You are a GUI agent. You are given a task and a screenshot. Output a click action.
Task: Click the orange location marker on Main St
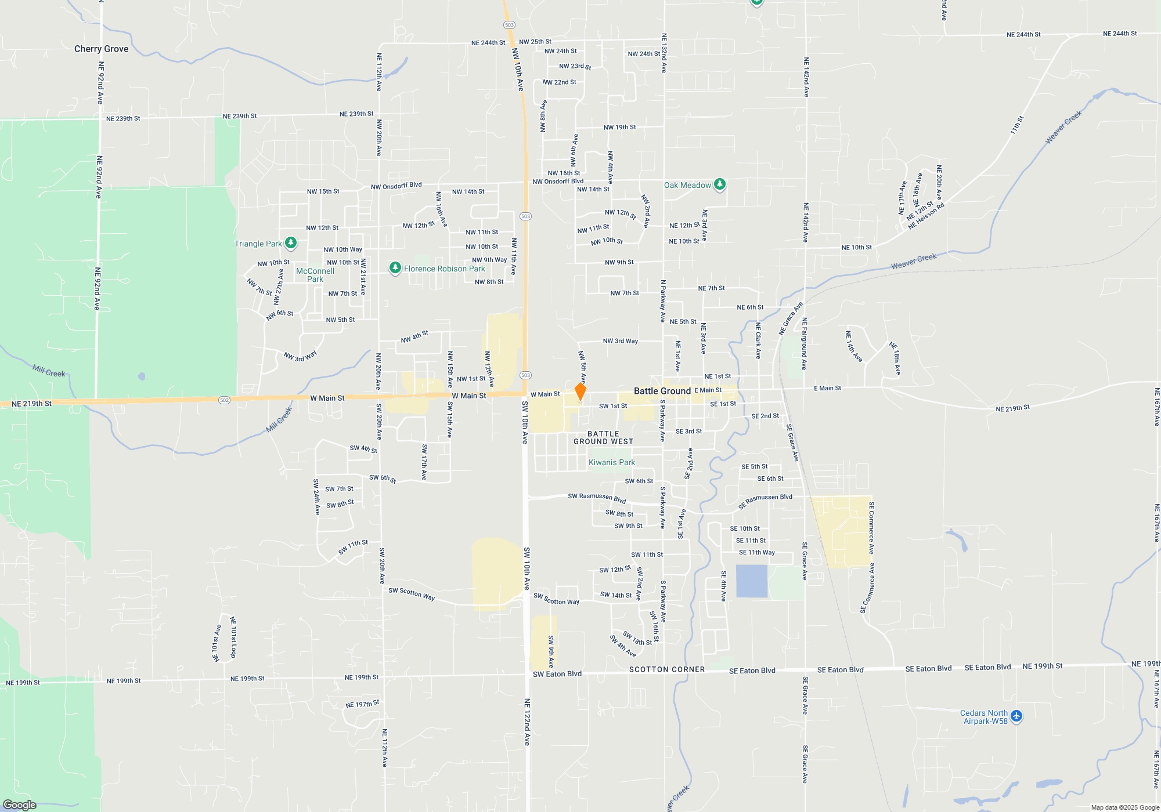point(580,391)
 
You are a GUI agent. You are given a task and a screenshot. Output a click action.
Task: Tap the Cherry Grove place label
point(101,49)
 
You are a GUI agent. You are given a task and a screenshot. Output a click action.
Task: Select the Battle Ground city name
point(662,391)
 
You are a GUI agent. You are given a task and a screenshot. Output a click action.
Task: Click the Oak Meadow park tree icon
point(720,184)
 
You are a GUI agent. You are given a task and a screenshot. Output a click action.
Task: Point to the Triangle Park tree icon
point(291,243)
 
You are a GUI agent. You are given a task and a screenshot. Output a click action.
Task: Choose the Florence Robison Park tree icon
point(395,268)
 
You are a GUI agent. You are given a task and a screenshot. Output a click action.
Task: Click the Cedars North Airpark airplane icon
point(1016,716)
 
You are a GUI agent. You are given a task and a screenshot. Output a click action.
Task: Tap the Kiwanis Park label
point(611,462)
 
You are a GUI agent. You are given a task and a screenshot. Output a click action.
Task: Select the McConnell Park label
point(315,275)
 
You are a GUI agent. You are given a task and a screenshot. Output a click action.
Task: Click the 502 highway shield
point(225,400)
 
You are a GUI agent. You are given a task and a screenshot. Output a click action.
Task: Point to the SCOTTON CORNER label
point(666,669)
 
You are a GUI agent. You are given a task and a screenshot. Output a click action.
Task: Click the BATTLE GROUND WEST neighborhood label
point(603,437)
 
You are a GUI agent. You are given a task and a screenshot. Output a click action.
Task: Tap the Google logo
point(20,804)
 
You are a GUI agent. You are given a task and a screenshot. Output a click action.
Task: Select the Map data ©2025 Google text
point(1124,807)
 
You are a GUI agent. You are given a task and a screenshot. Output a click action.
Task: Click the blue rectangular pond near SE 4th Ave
point(751,581)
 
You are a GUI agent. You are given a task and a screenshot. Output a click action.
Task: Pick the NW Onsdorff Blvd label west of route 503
point(396,186)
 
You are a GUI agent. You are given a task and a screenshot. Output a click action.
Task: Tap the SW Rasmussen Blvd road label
point(596,498)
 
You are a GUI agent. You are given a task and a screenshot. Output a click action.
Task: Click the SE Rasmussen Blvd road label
point(765,501)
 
